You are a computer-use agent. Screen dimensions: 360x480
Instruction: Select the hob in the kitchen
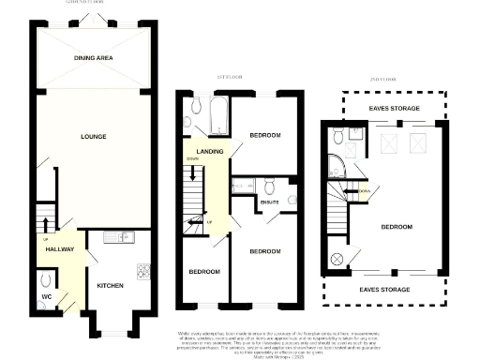coord(144,272)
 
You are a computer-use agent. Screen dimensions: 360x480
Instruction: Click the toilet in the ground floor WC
coord(46,280)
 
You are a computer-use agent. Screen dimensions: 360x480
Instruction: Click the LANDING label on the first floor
coord(208,151)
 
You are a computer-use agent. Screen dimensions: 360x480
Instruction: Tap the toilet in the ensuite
coord(268,184)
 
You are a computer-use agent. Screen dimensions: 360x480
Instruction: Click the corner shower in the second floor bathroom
coord(336,168)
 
